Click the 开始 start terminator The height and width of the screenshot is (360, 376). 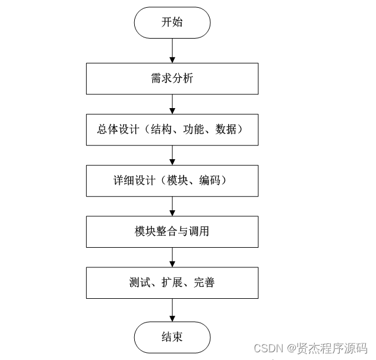172,23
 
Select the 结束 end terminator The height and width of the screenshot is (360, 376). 172,337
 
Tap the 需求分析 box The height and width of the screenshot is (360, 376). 172,78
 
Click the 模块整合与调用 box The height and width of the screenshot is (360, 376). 172,231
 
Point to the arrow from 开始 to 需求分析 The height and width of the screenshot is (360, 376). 172,50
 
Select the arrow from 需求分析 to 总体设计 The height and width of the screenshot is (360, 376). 172,103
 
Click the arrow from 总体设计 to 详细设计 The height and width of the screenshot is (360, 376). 172,154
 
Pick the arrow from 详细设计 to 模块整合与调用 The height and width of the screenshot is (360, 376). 172,206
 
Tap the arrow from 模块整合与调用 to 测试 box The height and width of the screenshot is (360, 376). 172,257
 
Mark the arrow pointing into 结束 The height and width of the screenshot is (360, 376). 172,310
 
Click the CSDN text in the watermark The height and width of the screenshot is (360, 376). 266,348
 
